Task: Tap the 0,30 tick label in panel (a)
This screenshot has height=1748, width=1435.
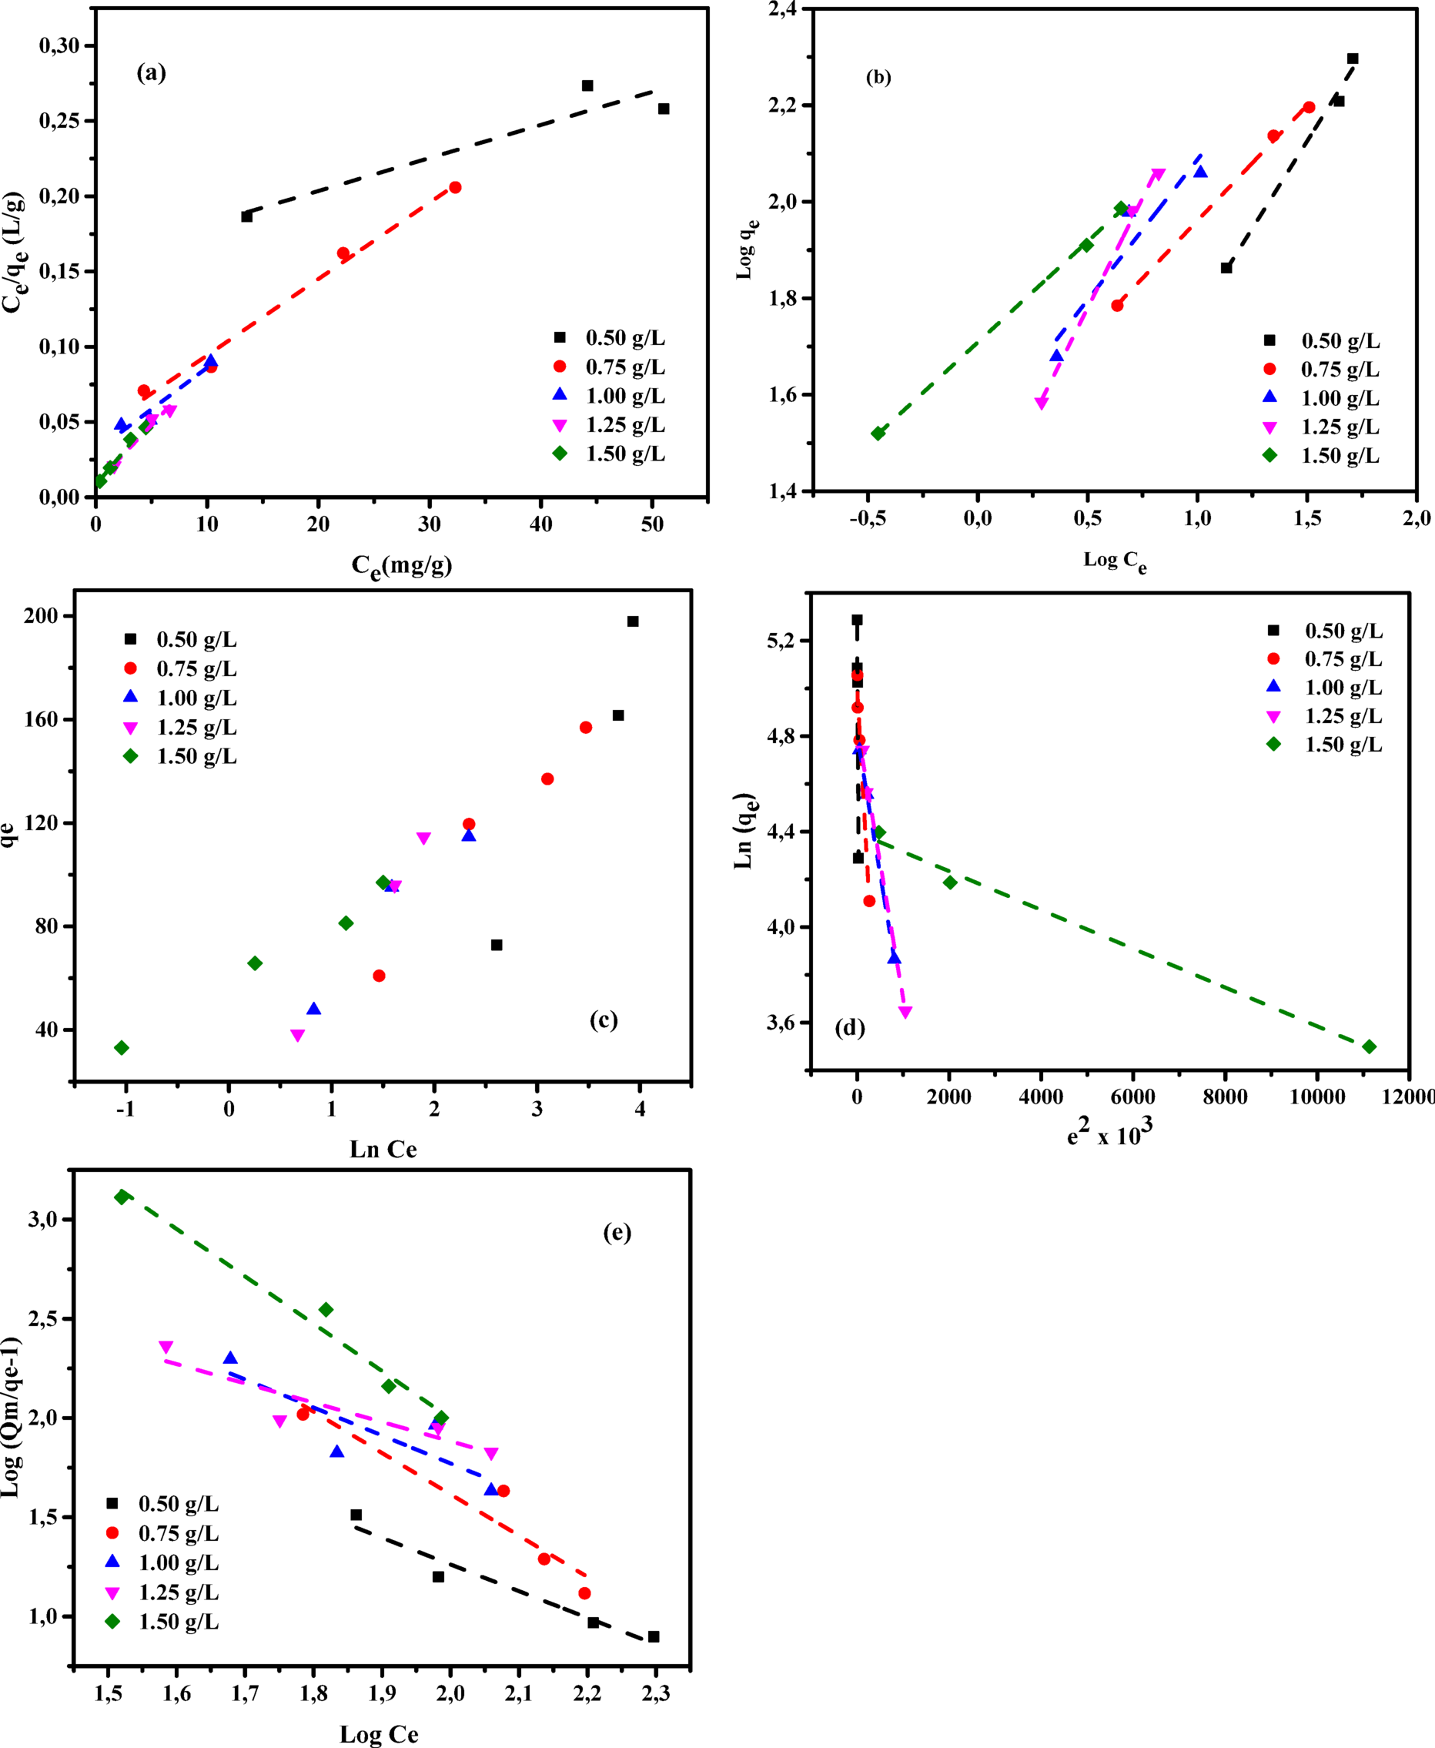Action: (x=59, y=45)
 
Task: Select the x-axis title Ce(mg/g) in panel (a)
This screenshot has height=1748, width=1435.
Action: (x=402, y=564)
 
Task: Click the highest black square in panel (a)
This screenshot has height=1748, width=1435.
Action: (x=587, y=86)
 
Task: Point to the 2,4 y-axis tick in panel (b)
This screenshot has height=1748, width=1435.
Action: (x=783, y=9)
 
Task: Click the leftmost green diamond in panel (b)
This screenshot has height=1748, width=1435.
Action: (x=878, y=434)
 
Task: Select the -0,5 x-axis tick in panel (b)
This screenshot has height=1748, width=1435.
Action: (x=867, y=518)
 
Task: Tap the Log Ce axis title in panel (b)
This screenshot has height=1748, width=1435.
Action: (x=1115, y=561)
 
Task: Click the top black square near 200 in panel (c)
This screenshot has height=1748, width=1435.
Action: (x=633, y=621)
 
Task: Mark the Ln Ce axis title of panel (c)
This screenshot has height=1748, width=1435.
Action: (x=383, y=1150)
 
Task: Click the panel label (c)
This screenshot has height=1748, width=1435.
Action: (x=604, y=1020)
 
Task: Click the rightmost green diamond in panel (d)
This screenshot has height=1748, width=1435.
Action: (x=1370, y=1046)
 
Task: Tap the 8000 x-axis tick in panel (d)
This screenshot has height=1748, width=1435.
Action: (x=1225, y=1097)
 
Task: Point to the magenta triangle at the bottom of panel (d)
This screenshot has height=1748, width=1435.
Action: (x=905, y=1012)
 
